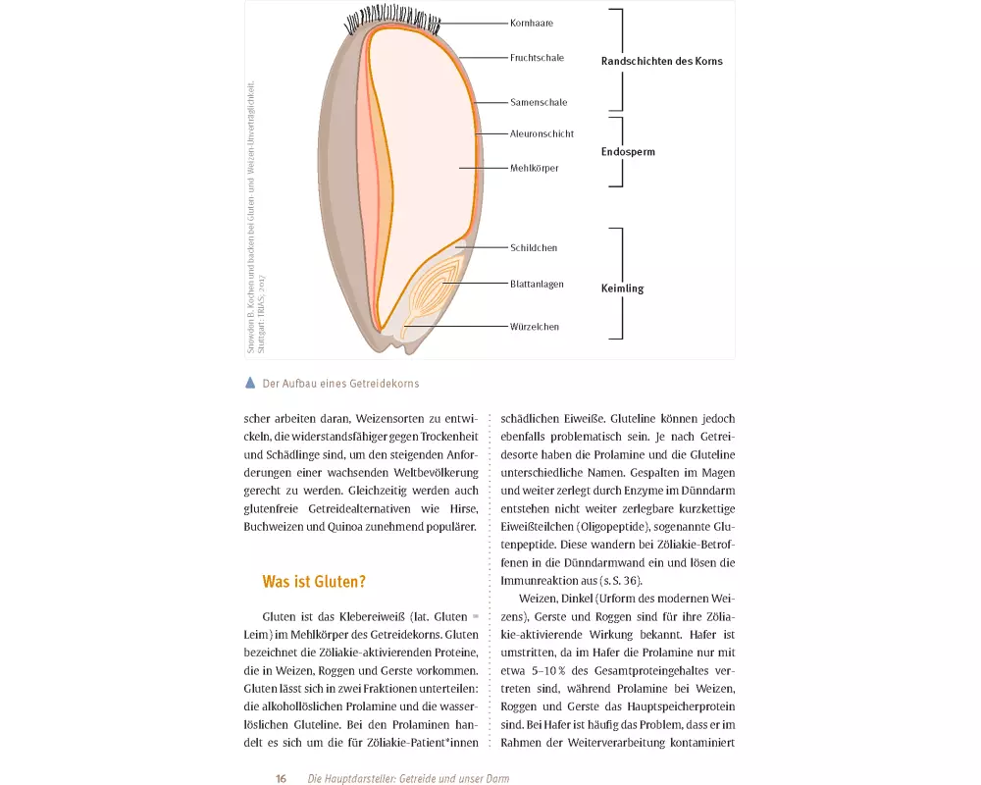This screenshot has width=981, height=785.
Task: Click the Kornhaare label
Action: tap(532, 22)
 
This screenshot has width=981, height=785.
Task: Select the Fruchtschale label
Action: tap(537, 58)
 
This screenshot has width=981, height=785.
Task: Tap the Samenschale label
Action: tap(539, 102)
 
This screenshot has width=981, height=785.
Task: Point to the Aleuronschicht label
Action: tap(542, 133)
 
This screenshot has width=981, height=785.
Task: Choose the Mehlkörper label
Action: tap(535, 169)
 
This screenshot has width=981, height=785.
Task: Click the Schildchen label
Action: tap(534, 248)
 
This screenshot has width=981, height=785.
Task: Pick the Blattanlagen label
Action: tap(537, 285)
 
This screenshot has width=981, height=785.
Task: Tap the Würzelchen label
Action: tap(535, 327)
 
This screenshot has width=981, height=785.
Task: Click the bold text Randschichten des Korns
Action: tap(661, 61)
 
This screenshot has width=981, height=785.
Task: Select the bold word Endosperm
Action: tap(628, 152)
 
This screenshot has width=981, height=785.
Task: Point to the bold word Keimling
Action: tap(622, 289)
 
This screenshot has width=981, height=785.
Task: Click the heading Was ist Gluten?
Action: tap(314, 582)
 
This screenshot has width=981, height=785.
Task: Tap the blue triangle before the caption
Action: tap(250, 383)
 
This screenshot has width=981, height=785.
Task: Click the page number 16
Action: tap(281, 778)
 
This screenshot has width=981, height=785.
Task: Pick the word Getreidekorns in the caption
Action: tap(385, 384)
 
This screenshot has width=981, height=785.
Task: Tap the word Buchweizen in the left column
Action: tap(276, 527)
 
